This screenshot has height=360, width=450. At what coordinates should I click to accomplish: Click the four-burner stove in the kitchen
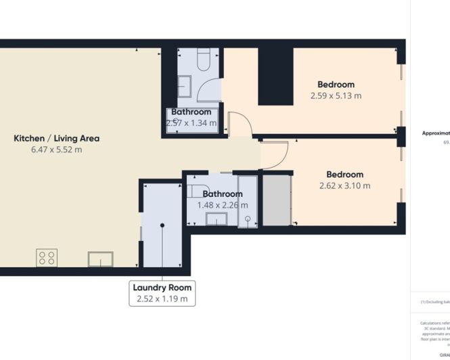[47, 258]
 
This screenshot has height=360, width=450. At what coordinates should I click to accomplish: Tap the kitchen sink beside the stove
[100, 259]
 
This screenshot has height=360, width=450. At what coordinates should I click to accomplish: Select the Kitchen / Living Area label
[57, 138]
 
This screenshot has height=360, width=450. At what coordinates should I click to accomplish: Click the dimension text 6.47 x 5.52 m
[57, 150]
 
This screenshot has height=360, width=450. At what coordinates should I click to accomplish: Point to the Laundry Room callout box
[162, 292]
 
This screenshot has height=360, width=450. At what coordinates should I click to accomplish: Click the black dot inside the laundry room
[162, 225]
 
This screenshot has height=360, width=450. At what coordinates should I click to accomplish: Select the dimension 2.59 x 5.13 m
[336, 95]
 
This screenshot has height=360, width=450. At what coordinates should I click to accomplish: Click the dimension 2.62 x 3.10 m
[344, 185]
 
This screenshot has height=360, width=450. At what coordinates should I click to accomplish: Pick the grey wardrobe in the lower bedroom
[276, 200]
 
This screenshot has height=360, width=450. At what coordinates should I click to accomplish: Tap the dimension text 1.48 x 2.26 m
[223, 205]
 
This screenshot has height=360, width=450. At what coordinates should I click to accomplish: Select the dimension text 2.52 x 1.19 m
[162, 298]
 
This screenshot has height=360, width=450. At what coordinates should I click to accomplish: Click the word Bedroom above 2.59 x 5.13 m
[336, 85]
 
